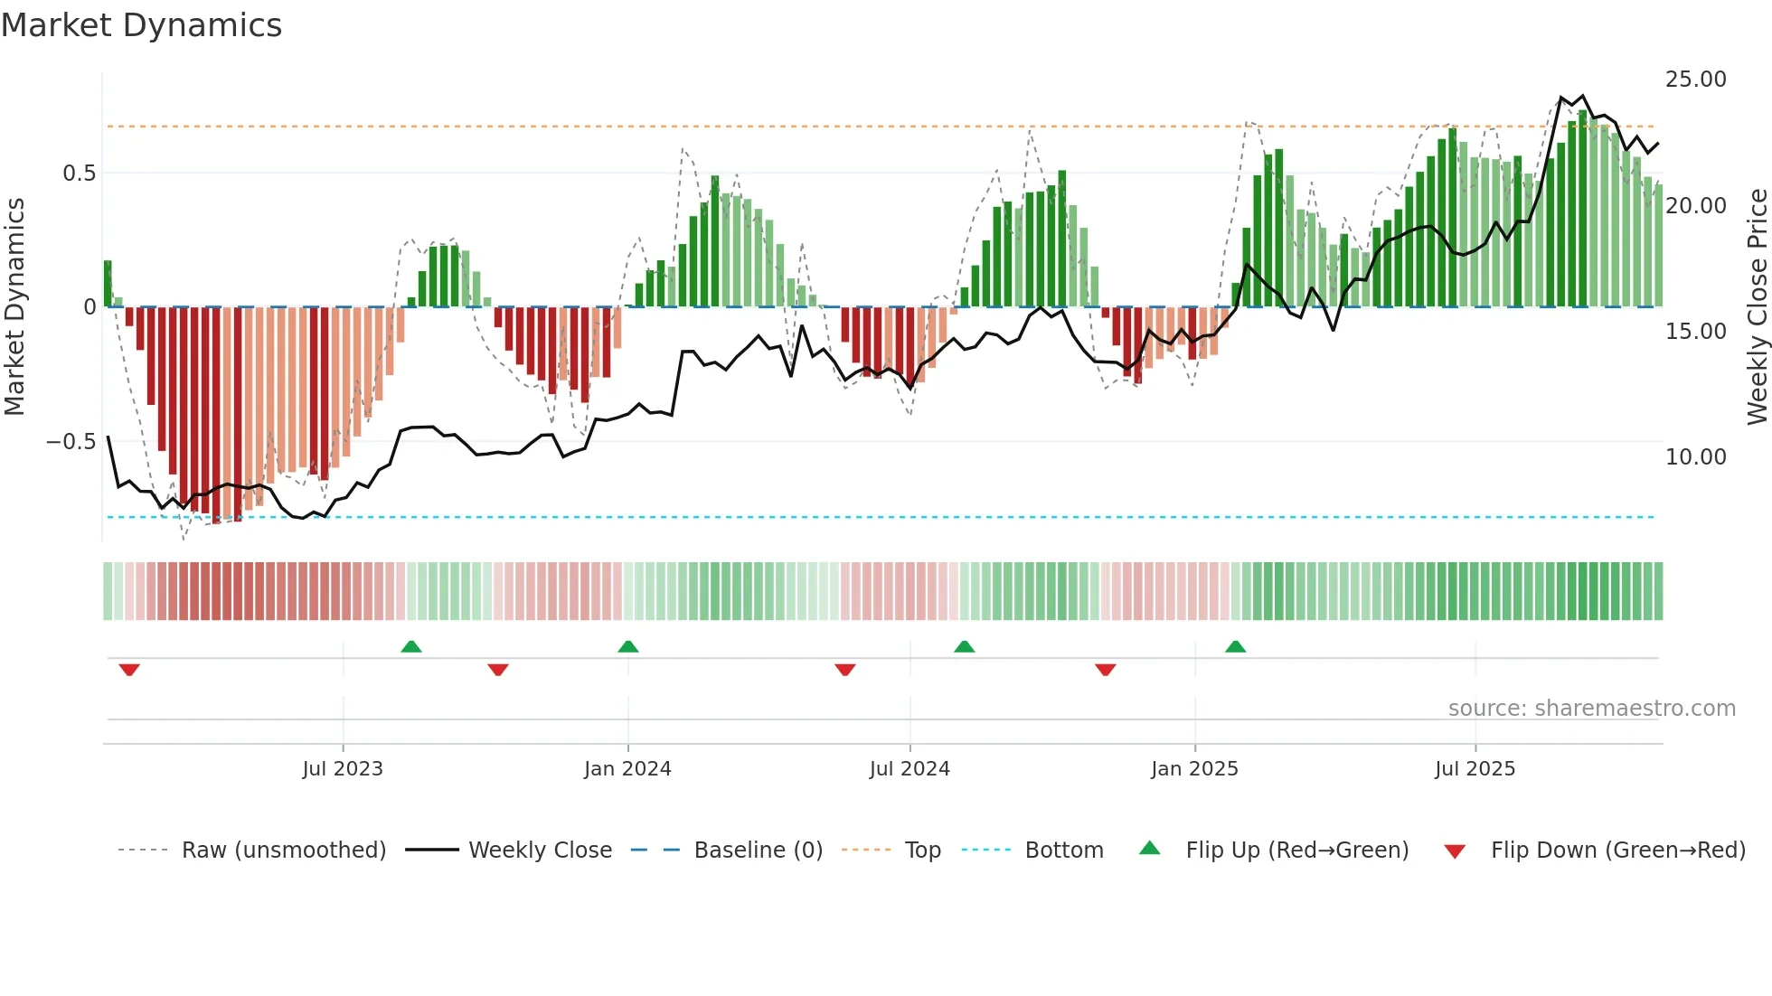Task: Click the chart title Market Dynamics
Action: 142,25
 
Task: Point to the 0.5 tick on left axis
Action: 79,173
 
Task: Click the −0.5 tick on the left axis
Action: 71,442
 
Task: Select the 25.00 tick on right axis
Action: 1695,80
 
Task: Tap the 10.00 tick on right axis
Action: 1695,457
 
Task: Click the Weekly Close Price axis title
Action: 1757,307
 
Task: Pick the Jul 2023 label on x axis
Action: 343,769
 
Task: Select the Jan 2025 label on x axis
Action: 1194,769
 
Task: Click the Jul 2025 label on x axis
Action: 1475,769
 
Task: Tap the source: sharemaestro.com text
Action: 1591,709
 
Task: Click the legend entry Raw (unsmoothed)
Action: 283,850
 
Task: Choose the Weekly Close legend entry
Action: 540,850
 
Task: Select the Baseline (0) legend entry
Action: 758,850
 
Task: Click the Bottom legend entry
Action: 1063,850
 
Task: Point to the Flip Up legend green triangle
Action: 1149,848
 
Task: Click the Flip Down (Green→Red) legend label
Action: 1617,850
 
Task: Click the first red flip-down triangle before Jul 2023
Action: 129,670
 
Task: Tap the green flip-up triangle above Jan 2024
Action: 628,646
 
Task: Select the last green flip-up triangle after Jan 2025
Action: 1235,646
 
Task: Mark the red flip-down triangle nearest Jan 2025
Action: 1105,670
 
